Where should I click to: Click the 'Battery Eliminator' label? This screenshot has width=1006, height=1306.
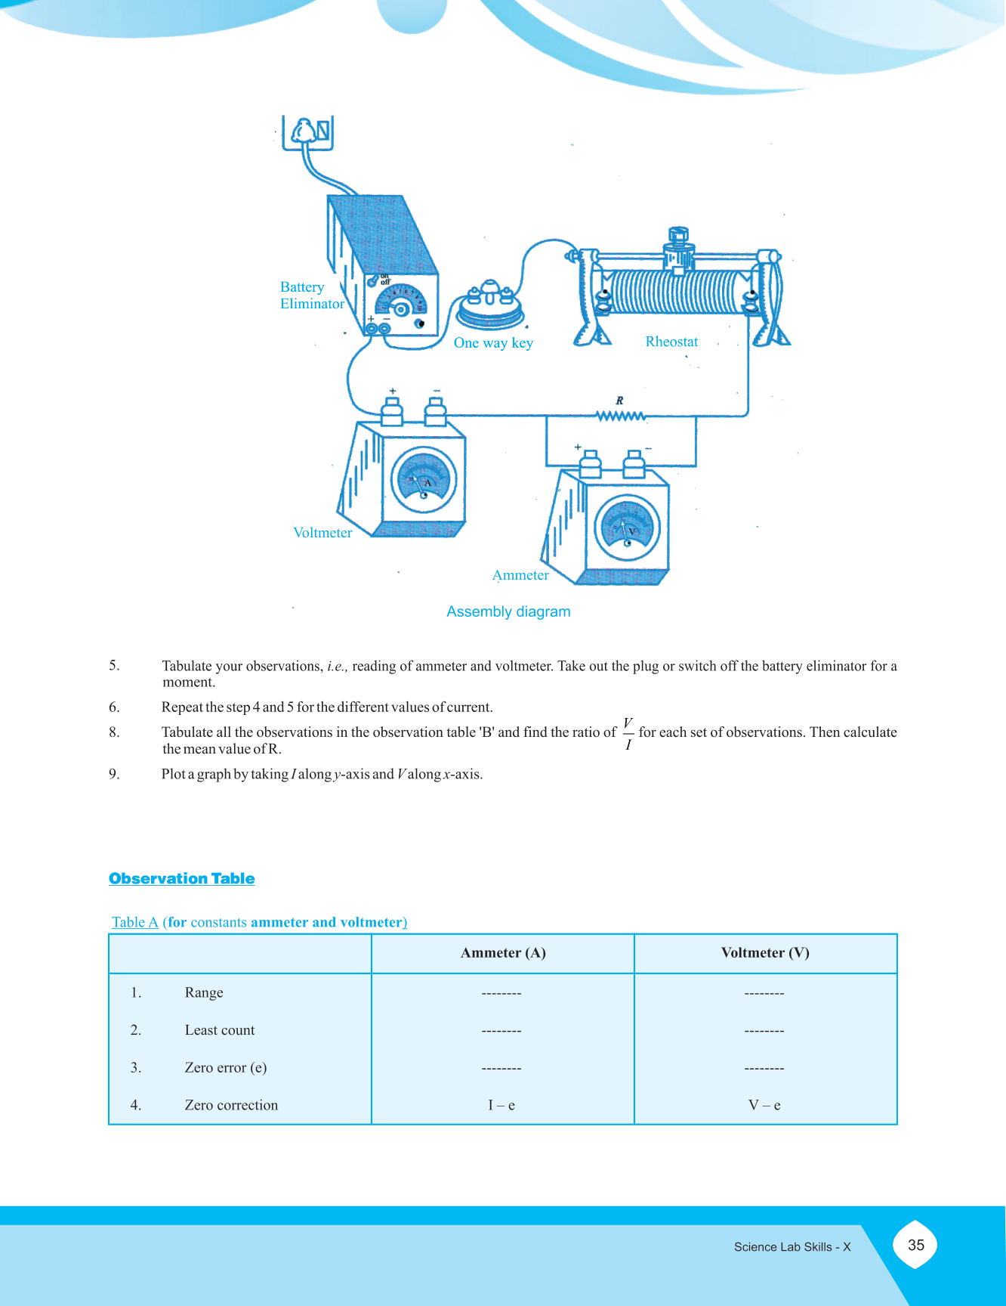[312, 296]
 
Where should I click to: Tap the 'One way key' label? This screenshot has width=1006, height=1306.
[493, 343]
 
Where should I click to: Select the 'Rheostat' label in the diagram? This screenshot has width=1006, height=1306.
[671, 342]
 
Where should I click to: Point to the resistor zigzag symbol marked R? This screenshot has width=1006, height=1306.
[621, 415]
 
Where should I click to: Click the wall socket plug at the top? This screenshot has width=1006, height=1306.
[307, 133]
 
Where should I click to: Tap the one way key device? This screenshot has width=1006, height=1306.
[490, 305]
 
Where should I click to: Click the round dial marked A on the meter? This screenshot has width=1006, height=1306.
[424, 481]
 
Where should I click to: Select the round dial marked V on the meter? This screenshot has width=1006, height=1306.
[627, 528]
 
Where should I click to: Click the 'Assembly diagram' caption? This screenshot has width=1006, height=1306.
[508, 611]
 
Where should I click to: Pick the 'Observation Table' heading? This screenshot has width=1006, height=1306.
[181, 878]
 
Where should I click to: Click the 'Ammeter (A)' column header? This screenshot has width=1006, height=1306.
[503, 953]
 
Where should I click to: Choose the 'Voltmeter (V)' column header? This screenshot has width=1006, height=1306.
[765, 953]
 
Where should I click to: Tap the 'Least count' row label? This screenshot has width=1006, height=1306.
[220, 1030]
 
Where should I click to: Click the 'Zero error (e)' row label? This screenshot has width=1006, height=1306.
[226, 1068]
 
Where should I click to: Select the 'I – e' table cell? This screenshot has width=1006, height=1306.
[501, 1105]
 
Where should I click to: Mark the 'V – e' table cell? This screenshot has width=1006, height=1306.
[764, 1105]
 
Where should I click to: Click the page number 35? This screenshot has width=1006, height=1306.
[915, 1245]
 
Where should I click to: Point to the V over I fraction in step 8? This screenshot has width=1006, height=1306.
[628, 734]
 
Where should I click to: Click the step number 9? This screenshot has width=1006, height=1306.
[114, 774]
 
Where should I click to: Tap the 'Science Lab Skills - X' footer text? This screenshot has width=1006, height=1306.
[792, 1247]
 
